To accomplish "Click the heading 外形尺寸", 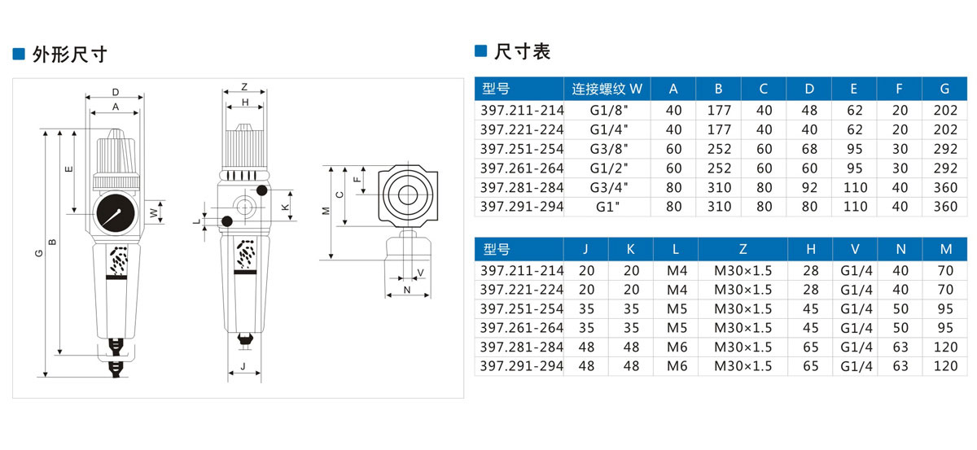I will pos(69,55).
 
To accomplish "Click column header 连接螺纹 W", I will pos(607,88).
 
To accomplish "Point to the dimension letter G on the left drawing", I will pos(38,254).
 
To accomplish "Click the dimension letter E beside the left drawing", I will pos(69,169).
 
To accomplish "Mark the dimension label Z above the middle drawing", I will pos(244,87).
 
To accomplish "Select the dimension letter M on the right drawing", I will pos(326,212).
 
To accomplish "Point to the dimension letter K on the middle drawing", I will pos(284,208).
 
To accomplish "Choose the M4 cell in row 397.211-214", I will pos(677,269).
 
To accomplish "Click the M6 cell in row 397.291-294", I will pos(677,366).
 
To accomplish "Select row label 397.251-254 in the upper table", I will pos(521,149).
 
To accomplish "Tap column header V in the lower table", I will pos(855,249).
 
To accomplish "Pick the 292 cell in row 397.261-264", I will pos(944,168).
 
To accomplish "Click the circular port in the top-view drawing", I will pos(405,194).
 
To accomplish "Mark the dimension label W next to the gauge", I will pos(154,212).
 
